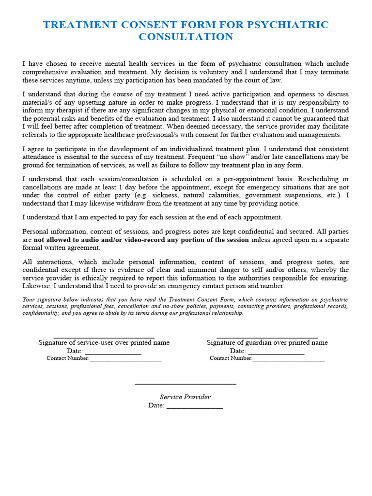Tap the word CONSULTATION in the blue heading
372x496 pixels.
pyautogui.click(x=186, y=37)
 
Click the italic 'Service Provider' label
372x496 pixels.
pyautogui.click(x=186, y=397)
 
